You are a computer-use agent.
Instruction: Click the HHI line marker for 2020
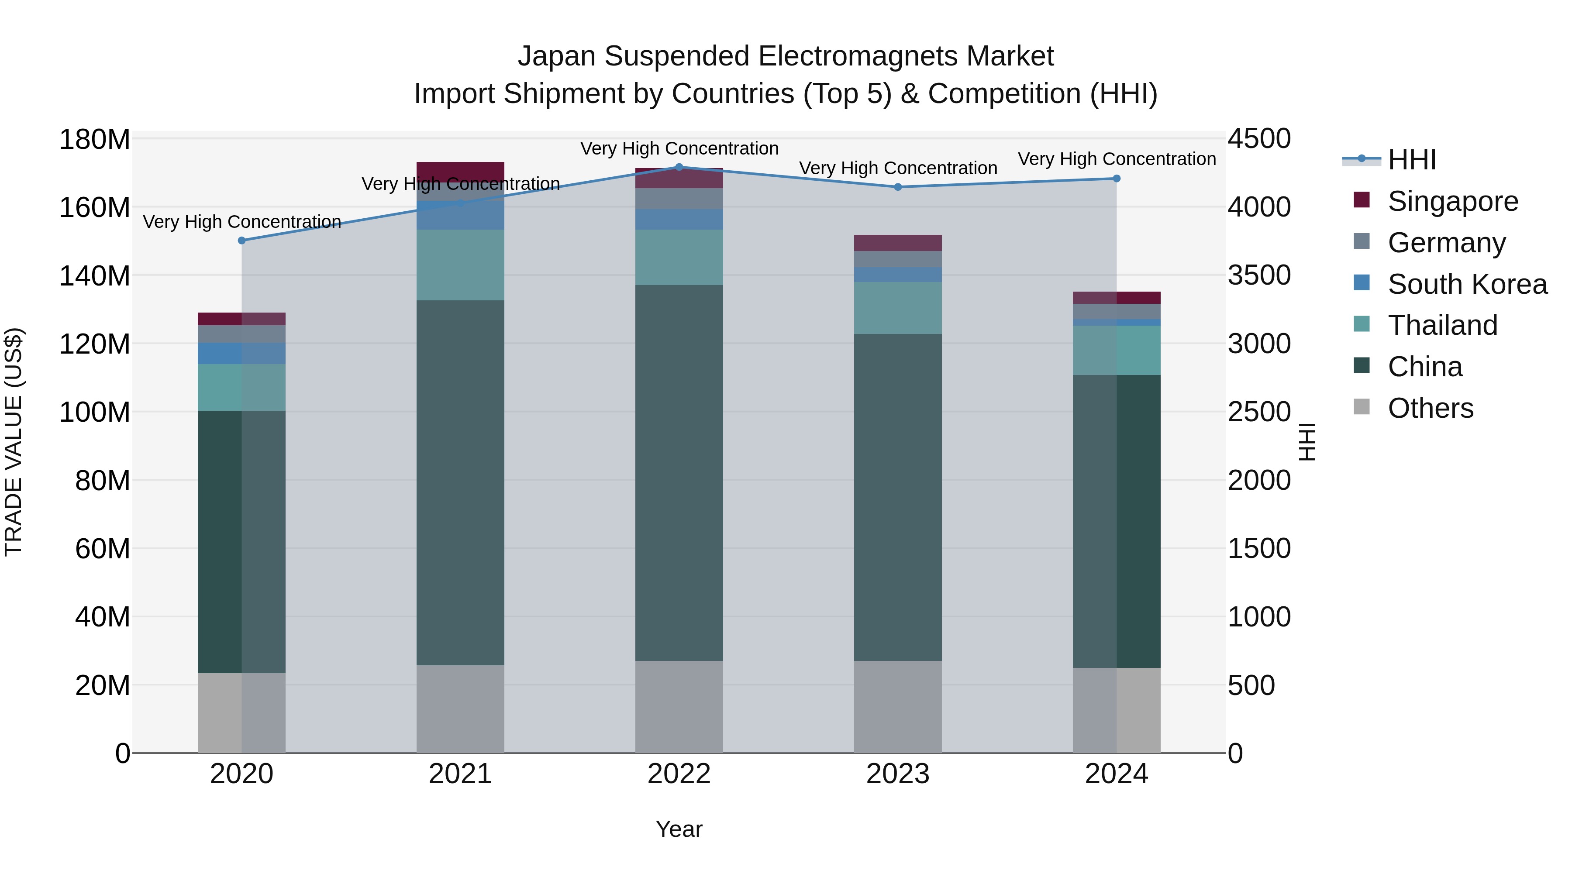pyautogui.click(x=241, y=241)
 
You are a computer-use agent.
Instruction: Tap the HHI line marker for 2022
pyautogui.click(x=679, y=167)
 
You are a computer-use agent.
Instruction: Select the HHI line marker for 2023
pyautogui.click(x=898, y=187)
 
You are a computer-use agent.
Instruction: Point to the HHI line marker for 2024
pyautogui.click(x=1117, y=179)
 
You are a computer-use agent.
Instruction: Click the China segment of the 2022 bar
pyautogui.click(x=679, y=473)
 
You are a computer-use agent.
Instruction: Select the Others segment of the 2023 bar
pyautogui.click(x=898, y=706)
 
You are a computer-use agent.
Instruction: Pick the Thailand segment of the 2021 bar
pyautogui.click(x=460, y=265)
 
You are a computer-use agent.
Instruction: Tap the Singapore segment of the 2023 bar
pyautogui.click(x=898, y=243)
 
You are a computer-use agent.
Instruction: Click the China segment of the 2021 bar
pyautogui.click(x=460, y=482)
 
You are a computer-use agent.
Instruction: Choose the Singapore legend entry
pyautogui.click(x=1452, y=201)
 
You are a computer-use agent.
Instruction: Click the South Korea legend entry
pyautogui.click(x=1467, y=284)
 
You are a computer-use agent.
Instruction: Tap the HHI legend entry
pyautogui.click(x=1411, y=160)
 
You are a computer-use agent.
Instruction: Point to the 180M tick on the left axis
pyautogui.click(x=95, y=140)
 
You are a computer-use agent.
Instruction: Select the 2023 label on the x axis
pyautogui.click(x=898, y=774)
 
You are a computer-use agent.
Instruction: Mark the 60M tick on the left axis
pyautogui.click(x=102, y=548)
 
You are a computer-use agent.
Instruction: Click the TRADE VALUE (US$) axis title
pyautogui.click(x=14, y=442)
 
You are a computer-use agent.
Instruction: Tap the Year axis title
pyautogui.click(x=679, y=829)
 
